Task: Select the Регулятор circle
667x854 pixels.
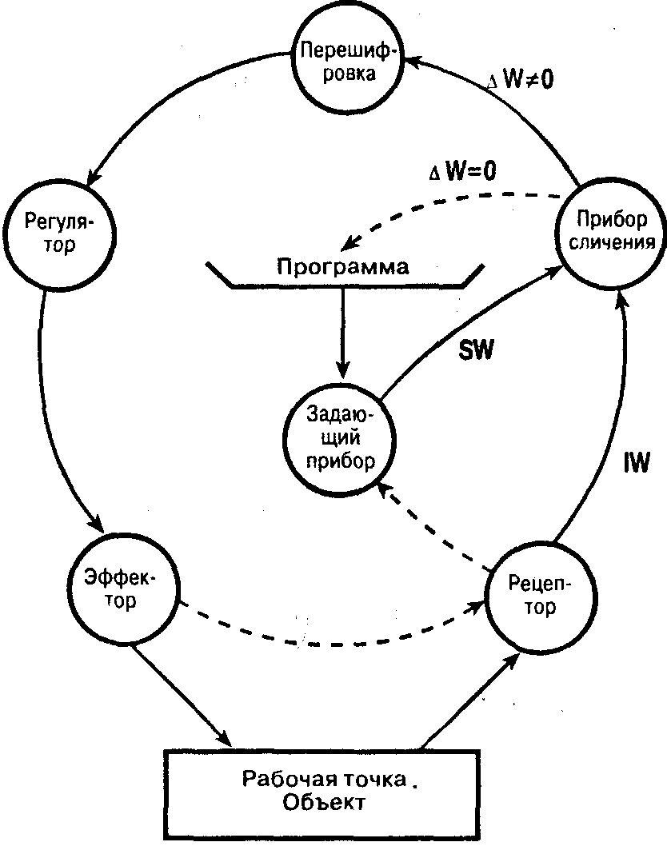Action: pos(61,233)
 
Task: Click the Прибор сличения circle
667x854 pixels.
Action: pos(609,231)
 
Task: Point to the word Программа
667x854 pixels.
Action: pos(342,266)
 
